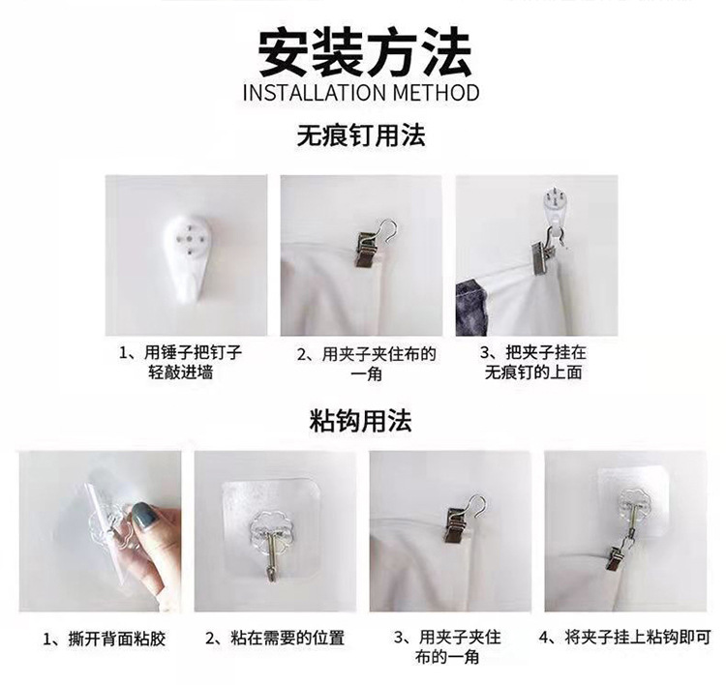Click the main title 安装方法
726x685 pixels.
tap(362, 52)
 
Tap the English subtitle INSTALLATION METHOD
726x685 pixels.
tap(362, 93)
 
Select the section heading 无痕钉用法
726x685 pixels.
tap(361, 136)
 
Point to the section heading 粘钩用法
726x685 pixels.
tap(361, 421)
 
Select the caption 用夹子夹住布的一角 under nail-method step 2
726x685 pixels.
tap(366, 363)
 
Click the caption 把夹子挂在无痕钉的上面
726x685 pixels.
tap(533, 363)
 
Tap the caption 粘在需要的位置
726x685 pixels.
tap(274, 639)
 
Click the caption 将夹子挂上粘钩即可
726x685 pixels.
tap(624, 638)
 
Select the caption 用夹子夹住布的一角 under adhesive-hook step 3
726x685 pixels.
tap(448, 648)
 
